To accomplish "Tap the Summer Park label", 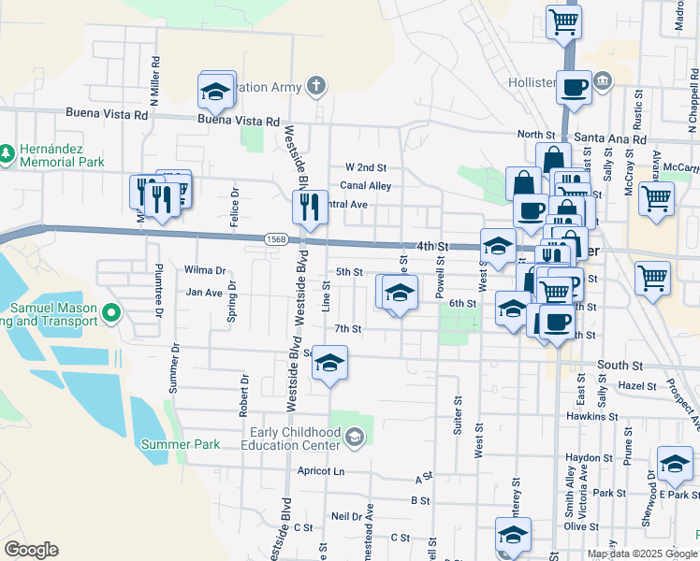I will (x=181, y=444).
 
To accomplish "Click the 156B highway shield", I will (x=275, y=239).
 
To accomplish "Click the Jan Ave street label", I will (x=204, y=293).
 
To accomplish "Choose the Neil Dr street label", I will (x=346, y=516).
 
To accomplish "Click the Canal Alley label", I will (x=365, y=185).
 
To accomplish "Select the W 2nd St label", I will (x=366, y=166).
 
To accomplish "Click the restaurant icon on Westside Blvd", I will (x=310, y=207).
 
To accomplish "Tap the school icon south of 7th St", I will (x=329, y=363).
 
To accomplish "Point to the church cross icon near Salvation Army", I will (x=316, y=88).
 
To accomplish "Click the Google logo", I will (x=31, y=550).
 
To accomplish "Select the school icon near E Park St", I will (x=675, y=464).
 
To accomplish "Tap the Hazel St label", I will (x=637, y=385).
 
